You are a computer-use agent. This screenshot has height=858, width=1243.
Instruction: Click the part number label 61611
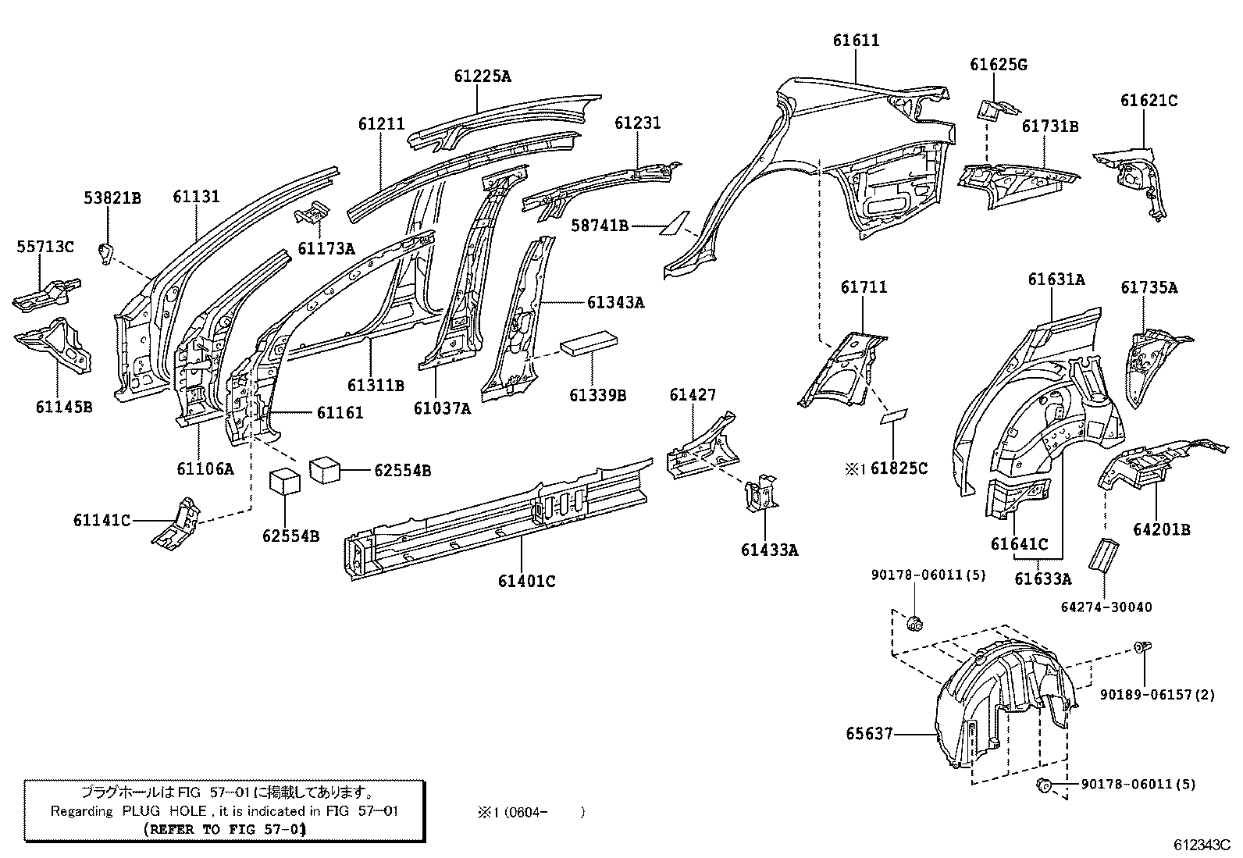click(x=856, y=41)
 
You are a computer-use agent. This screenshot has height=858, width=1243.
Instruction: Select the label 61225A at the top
click(x=483, y=77)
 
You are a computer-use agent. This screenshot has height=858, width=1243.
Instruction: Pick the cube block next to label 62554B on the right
click(x=325, y=471)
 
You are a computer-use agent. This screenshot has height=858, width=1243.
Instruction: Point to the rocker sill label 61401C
click(x=527, y=581)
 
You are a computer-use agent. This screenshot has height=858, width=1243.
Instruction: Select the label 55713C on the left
click(x=45, y=247)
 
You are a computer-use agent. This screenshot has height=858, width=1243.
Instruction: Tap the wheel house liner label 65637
click(x=869, y=734)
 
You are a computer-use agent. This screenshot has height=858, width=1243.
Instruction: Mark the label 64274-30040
click(x=1106, y=607)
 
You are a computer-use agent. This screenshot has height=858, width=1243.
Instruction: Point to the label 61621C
click(x=1149, y=101)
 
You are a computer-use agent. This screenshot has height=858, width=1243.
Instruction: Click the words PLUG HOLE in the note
click(x=164, y=811)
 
